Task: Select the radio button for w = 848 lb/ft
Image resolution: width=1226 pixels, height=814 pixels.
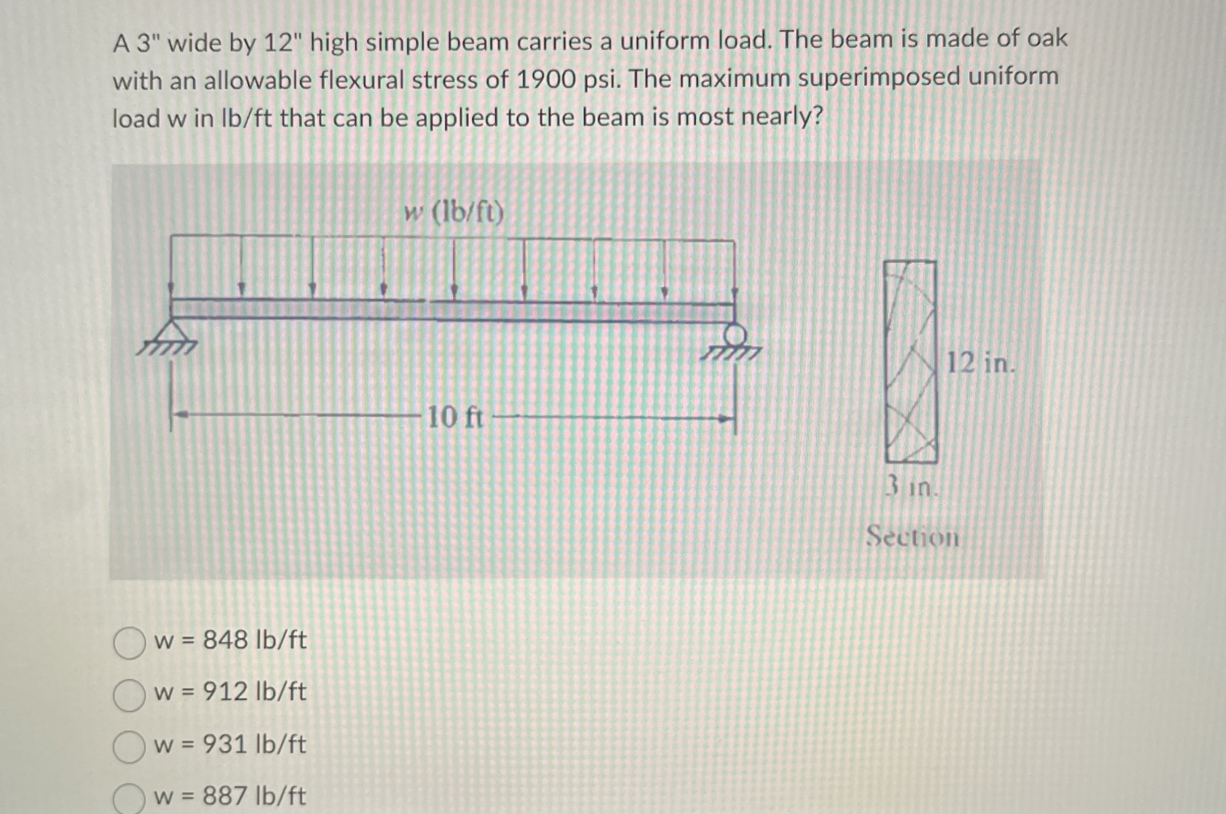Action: pyautogui.click(x=129, y=644)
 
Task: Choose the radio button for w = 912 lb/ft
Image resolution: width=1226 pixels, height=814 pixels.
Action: pyautogui.click(x=129, y=696)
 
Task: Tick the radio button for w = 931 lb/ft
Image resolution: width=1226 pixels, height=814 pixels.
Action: pyautogui.click(x=129, y=748)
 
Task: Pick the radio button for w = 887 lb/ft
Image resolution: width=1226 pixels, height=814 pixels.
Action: pyautogui.click(x=129, y=799)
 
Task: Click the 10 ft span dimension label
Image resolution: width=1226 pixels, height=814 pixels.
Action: pyautogui.click(x=455, y=417)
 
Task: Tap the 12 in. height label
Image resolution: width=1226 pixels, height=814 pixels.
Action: pyautogui.click(x=980, y=363)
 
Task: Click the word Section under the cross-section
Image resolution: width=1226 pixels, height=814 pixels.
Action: pyautogui.click(x=913, y=537)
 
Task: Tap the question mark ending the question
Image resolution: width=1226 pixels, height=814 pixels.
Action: pyautogui.click(x=817, y=117)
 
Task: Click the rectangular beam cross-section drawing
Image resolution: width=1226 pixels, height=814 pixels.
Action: pyautogui.click(x=911, y=362)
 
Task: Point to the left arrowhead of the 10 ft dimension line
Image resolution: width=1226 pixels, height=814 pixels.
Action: pyautogui.click(x=179, y=415)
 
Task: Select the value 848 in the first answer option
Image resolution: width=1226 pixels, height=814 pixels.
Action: pyautogui.click(x=225, y=640)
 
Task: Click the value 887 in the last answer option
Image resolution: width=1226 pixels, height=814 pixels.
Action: pyautogui.click(x=225, y=796)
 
